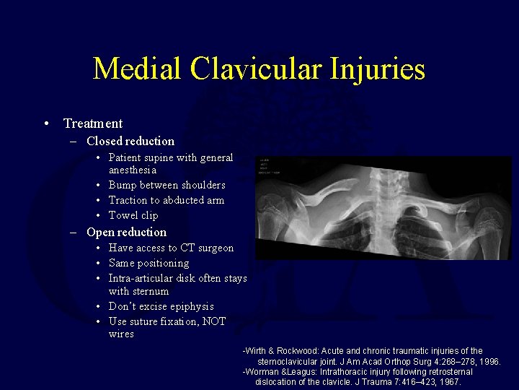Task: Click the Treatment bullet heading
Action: click(93, 123)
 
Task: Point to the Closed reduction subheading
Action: click(130, 141)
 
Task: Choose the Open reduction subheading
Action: click(126, 232)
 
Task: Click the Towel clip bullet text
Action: click(133, 215)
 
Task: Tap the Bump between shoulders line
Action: click(167, 185)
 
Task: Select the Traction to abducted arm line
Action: click(167, 200)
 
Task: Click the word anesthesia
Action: click(133, 170)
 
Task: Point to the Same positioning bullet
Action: click(148, 263)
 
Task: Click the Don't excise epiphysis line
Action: click(161, 306)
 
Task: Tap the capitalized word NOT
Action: click(215, 321)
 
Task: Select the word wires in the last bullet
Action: click(121, 334)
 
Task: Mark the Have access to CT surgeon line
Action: click(171, 248)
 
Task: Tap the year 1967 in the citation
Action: click(449, 382)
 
